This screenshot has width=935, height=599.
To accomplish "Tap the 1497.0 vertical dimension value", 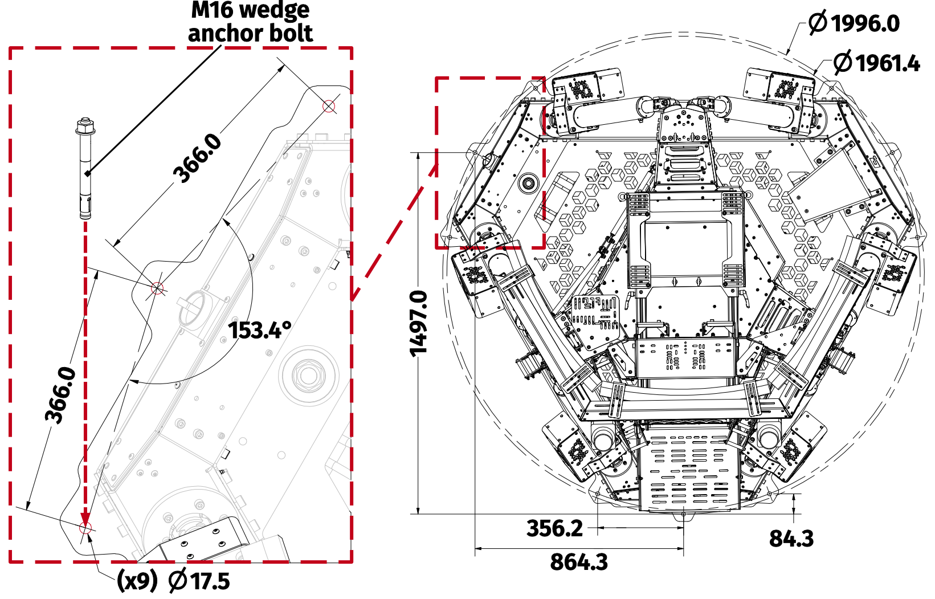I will [x=419, y=323].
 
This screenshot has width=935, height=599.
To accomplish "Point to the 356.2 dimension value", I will [x=554, y=528].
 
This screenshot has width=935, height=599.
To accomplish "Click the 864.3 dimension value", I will [x=579, y=562].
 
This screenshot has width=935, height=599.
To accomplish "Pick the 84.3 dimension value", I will [x=791, y=538].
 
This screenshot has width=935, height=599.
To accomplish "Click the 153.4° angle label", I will [x=260, y=330].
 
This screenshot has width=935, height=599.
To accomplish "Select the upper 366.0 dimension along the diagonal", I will [x=198, y=158].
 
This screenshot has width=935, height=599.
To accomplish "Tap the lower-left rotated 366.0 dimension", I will [x=61, y=395].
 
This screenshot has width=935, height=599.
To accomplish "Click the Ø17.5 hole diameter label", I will [x=199, y=581].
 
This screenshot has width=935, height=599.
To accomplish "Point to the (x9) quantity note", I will [x=137, y=581].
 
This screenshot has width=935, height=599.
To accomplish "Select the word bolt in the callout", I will [x=291, y=33].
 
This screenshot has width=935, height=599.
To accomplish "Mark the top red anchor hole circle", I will [x=329, y=106].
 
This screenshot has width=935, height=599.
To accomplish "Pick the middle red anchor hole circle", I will [x=157, y=288].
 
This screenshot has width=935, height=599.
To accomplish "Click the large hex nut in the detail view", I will [x=308, y=376].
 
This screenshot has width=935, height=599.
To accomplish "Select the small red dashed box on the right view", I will [x=491, y=163].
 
